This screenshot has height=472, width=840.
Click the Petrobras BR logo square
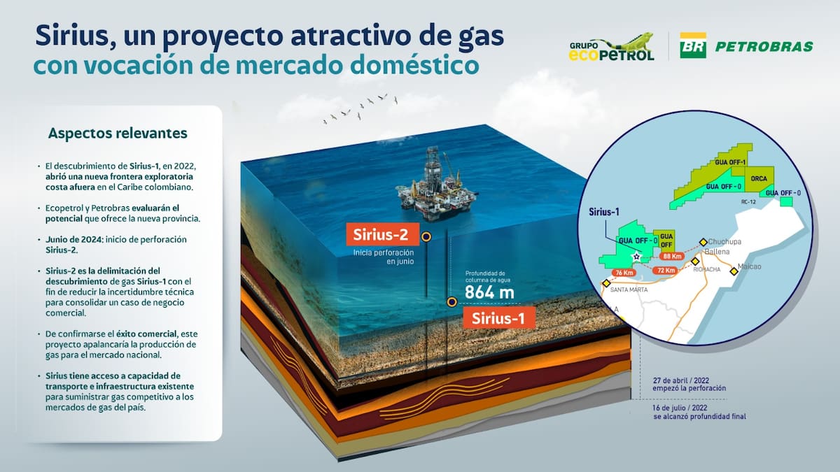(693, 45)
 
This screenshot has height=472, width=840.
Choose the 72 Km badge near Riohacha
(665, 270)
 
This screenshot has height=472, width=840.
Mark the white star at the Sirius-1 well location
(636, 257)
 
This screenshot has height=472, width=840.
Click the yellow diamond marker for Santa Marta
(605, 283)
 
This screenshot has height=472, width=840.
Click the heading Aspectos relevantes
(118, 133)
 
